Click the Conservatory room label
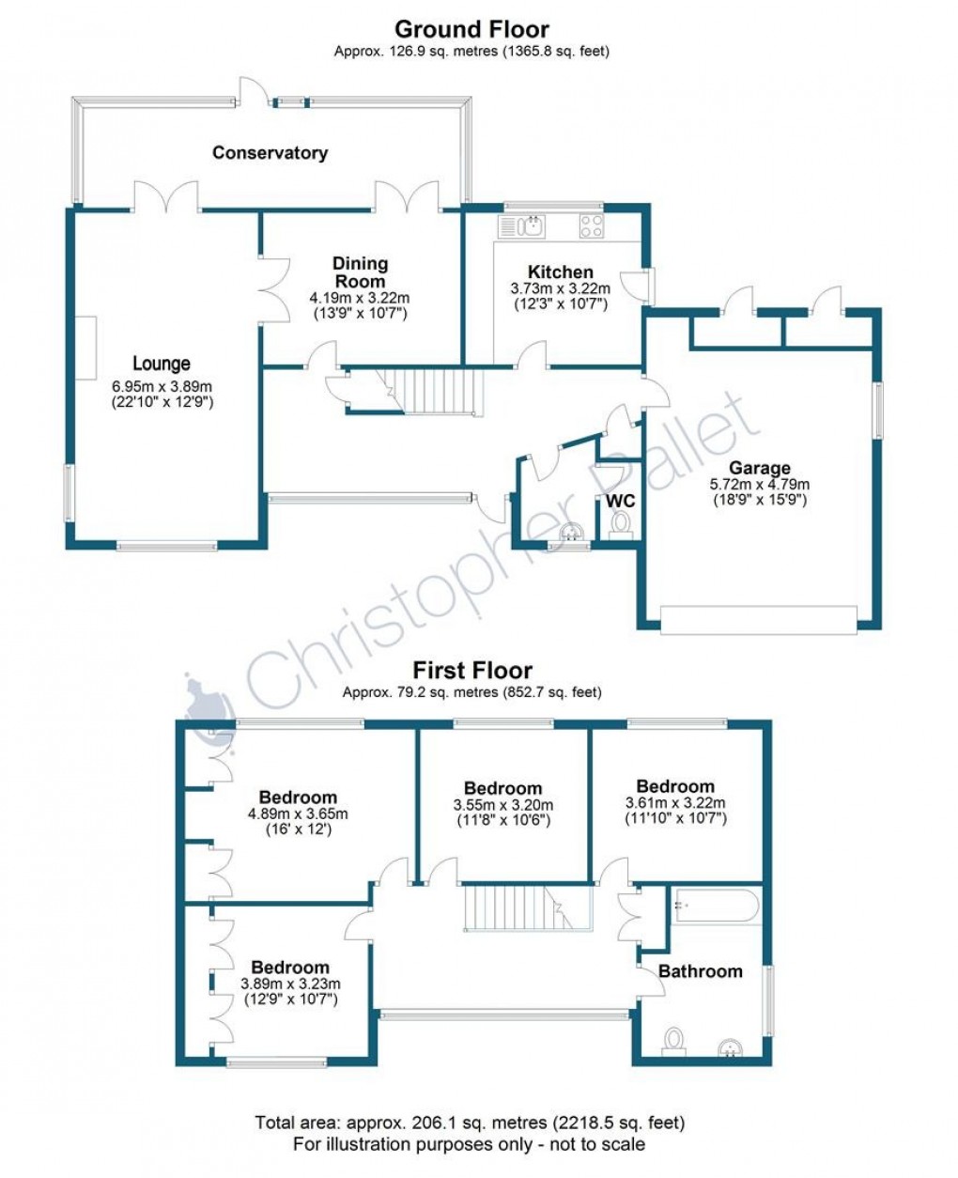(x=270, y=153)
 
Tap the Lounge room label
(x=162, y=364)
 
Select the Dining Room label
(x=360, y=272)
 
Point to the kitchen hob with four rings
(x=591, y=225)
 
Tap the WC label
(x=620, y=500)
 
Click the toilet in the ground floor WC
(x=621, y=524)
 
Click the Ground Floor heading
(x=471, y=29)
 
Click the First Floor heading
(x=472, y=671)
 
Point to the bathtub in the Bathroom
(x=715, y=907)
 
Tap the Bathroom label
(x=700, y=971)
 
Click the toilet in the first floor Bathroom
(x=672, y=1043)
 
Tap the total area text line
(x=470, y=1123)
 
